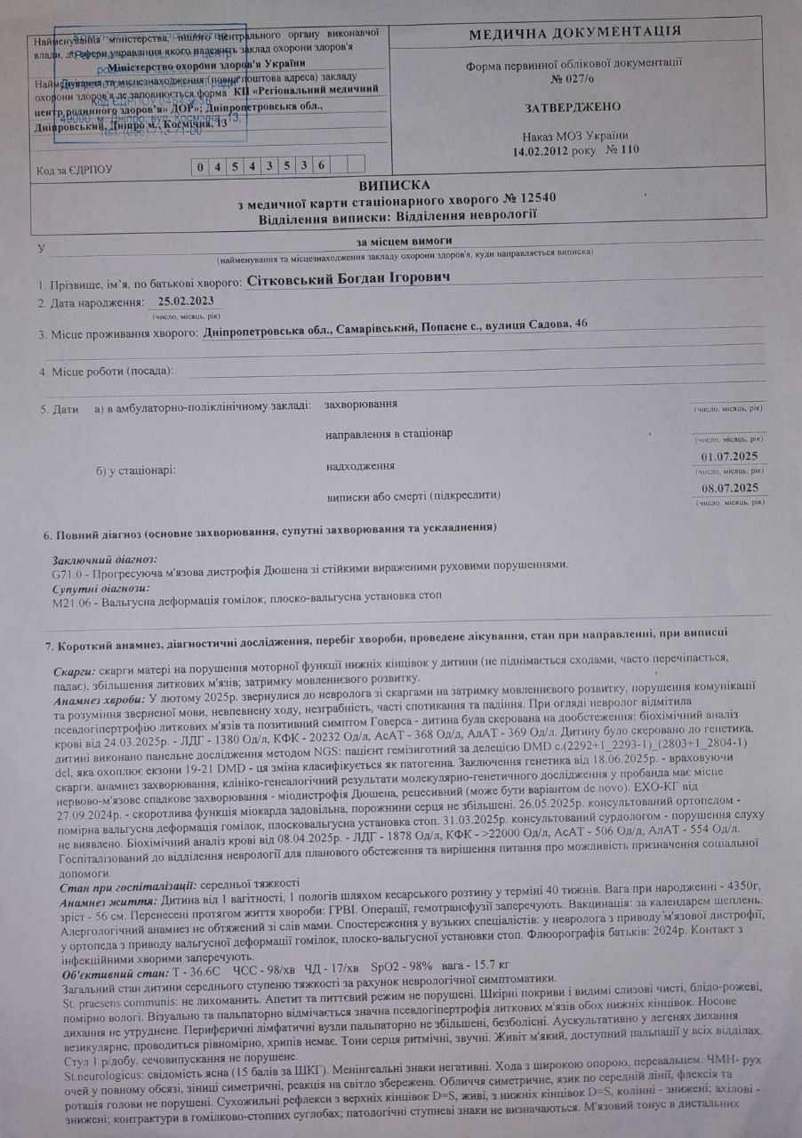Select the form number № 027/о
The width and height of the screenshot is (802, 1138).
click(573, 77)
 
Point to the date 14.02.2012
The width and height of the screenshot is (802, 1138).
click(543, 150)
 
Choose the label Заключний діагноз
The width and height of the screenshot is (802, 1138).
click(104, 559)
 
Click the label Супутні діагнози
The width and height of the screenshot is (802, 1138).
click(100, 588)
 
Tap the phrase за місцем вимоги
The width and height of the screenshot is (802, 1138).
click(405, 241)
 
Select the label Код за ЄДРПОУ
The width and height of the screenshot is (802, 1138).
click(76, 168)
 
